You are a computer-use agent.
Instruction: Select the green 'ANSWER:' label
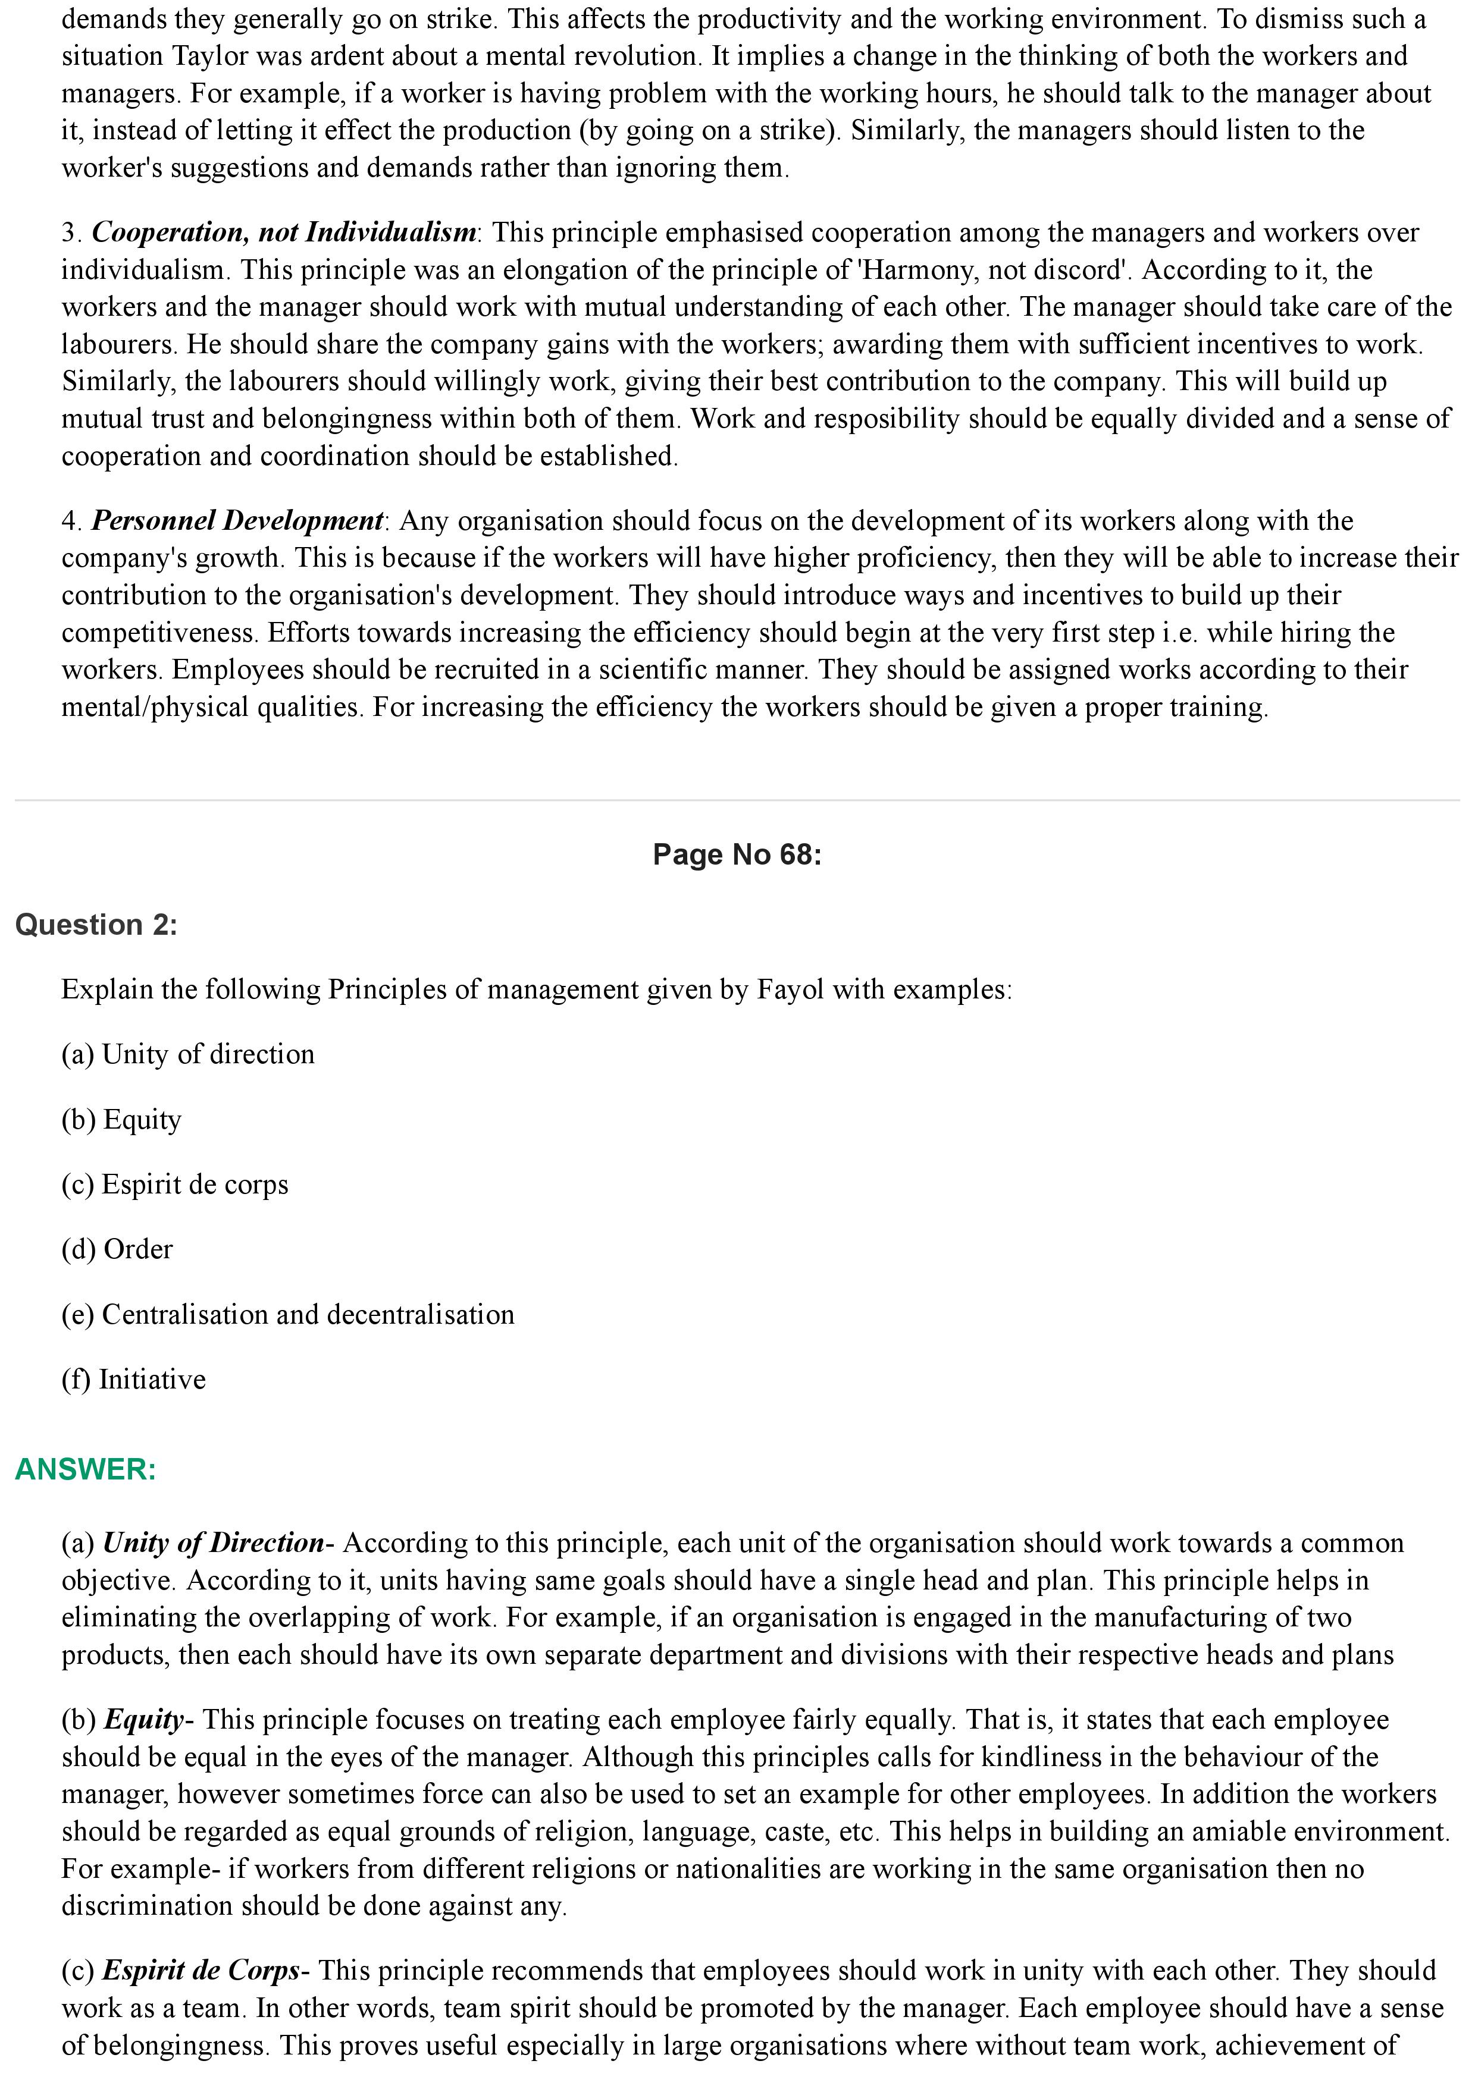click(x=86, y=1469)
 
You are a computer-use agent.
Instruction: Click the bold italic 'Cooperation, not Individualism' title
click(x=284, y=233)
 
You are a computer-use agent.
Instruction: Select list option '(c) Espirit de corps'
click(x=174, y=1184)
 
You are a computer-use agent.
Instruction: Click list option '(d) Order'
click(x=117, y=1249)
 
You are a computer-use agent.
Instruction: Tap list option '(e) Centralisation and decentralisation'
click(x=288, y=1315)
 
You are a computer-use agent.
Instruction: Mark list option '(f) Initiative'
click(x=134, y=1379)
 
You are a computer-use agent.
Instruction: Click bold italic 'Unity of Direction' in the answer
click(x=214, y=1542)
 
